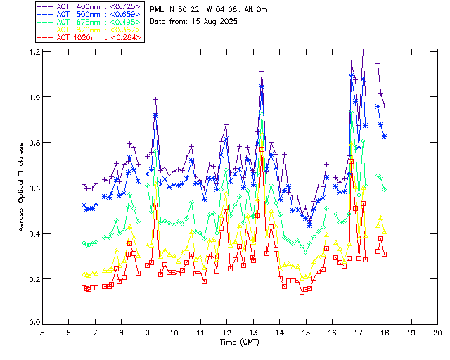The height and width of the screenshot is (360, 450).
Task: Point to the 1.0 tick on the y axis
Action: tap(33, 97)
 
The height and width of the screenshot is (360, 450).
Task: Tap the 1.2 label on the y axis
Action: tap(33, 52)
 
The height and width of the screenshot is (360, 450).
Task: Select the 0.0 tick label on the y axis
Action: tap(33, 323)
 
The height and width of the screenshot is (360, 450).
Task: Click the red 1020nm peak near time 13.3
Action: tap(262, 149)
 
